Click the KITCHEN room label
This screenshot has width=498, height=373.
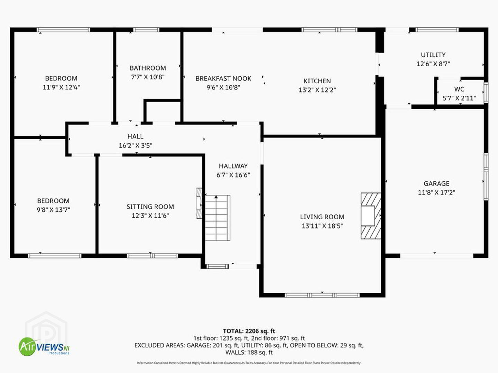(x=317, y=81)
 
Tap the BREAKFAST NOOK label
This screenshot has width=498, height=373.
(x=223, y=78)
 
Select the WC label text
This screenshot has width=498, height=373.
(x=459, y=89)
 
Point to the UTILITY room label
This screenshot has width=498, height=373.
(x=433, y=55)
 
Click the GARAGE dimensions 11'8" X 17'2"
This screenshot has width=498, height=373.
(x=436, y=192)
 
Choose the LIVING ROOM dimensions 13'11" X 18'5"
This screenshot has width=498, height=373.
(x=322, y=226)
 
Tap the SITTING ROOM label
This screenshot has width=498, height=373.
(x=150, y=207)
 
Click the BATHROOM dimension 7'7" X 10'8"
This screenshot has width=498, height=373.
(x=148, y=77)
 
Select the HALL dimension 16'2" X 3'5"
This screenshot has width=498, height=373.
(x=136, y=145)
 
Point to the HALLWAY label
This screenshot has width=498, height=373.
(x=233, y=166)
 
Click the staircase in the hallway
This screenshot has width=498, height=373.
(x=218, y=218)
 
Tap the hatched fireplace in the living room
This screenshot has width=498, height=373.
(x=371, y=216)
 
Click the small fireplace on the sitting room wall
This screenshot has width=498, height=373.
(x=199, y=203)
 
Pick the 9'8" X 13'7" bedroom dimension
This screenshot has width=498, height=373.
(x=53, y=210)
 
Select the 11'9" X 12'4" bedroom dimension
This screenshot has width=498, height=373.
(x=61, y=87)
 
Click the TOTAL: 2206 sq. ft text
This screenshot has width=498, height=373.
(x=249, y=331)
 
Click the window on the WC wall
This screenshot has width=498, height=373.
(x=486, y=93)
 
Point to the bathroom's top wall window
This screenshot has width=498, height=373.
(x=146, y=30)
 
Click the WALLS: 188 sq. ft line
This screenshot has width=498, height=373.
(x=249, y=352)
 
